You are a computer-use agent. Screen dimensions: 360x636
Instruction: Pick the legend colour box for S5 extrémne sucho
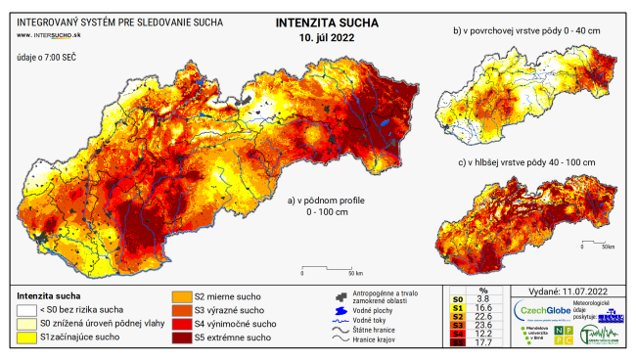(184, 338)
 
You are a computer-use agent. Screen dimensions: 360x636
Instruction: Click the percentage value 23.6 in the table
(482, 323)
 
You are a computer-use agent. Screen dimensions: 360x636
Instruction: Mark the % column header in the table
(482, 290)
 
